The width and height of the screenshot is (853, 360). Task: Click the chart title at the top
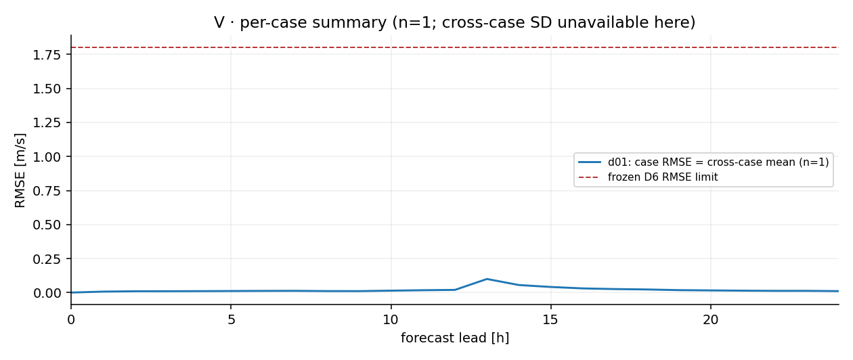[x=455, y=22]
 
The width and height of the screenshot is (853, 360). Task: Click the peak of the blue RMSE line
[x=487, y=279]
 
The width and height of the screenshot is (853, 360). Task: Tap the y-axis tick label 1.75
[x=47, y=55]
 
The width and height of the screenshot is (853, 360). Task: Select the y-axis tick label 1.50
[x=47, y=89]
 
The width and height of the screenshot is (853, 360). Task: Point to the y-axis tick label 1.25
[x=47, y=123]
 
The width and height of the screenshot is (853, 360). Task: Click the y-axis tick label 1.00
[x=47, y=157]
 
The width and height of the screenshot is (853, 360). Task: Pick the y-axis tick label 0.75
[x=47, y=191]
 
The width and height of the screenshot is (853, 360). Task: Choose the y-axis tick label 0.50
[x=47, y=225]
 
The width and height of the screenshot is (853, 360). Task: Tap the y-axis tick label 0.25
[x=47, y=259]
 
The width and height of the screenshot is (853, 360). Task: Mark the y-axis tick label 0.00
[x=47, y=293]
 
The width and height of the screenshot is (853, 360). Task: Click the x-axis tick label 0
[x=71, y=319]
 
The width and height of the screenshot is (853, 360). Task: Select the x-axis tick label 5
[x=231, y=319]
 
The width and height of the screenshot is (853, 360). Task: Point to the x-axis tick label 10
[x=391, y=319]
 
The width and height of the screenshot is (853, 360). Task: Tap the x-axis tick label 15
[x=550, y=319]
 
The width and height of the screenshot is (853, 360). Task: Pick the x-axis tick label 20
[x=711, y=319]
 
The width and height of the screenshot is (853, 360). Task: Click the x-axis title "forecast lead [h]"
[x=455, y=338]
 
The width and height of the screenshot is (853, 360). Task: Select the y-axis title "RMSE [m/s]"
[x=20, y=170]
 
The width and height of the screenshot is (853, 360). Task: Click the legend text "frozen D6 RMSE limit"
[x=663, y=177]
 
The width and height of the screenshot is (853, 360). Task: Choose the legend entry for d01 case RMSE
[x=703, y=162]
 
